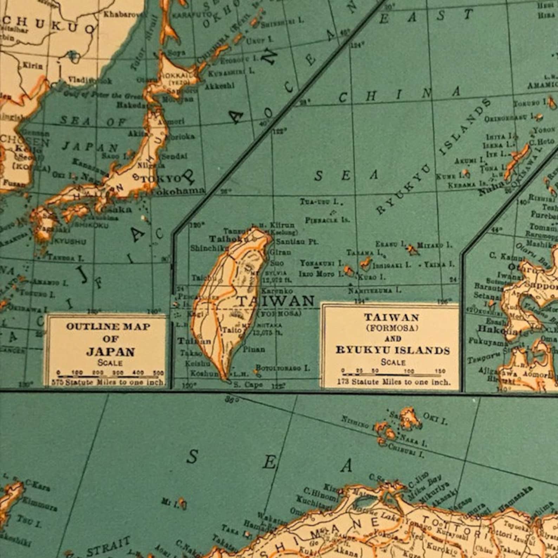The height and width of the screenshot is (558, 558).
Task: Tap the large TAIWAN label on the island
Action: tap(275, 301)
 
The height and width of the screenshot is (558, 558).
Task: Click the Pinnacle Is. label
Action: tap(323, 220)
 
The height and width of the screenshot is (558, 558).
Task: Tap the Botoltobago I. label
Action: tap(283, 368)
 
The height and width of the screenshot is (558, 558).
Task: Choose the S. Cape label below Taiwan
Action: tap(248, 385)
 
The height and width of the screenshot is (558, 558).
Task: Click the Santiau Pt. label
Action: tap(297, 242)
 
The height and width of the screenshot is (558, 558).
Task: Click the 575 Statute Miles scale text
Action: tap(107, 382)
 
